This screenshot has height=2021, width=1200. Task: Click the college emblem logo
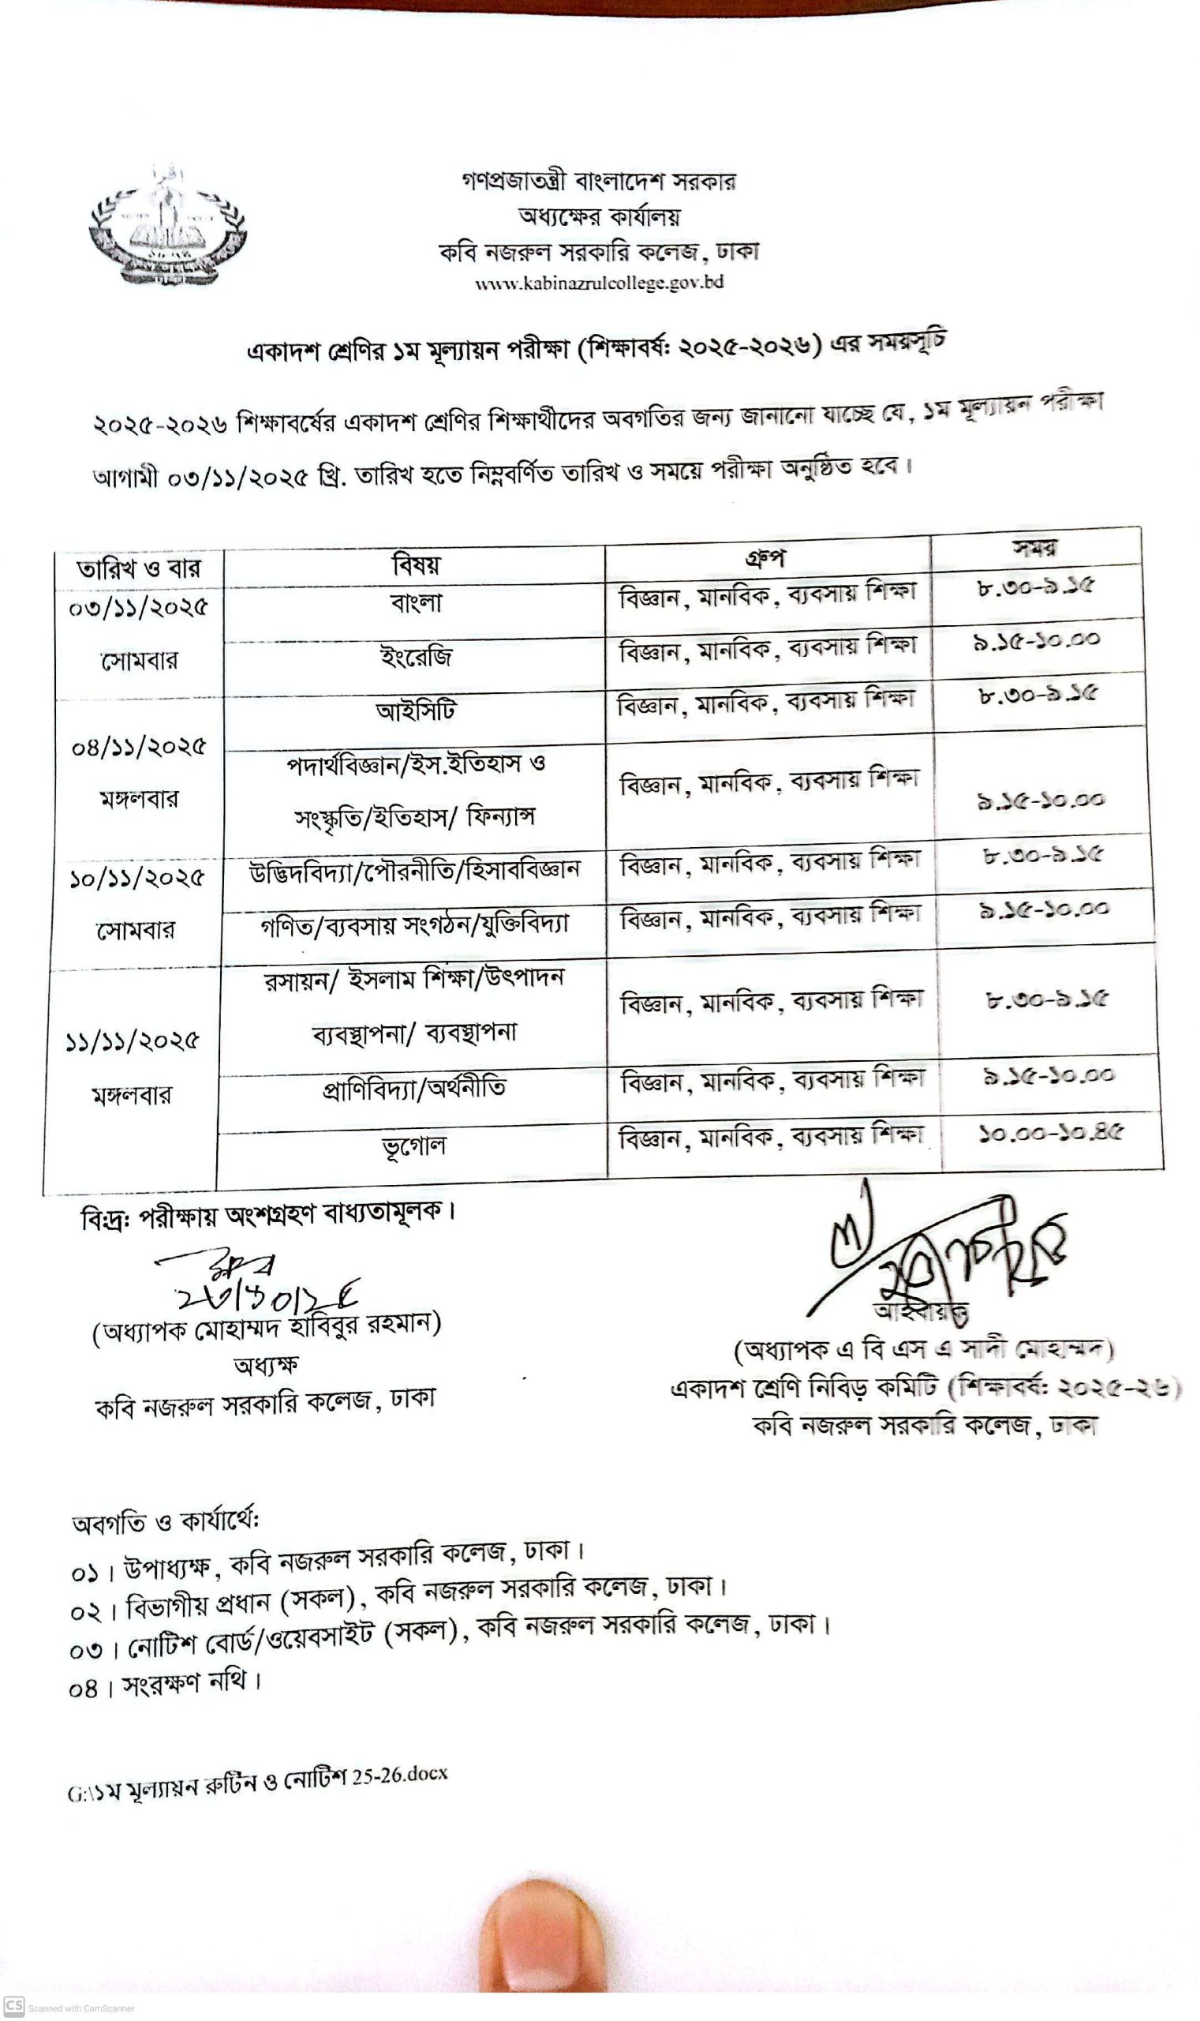point(168,227)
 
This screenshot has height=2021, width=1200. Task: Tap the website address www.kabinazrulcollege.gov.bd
point(598,283)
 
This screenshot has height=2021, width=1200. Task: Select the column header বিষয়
point(416,564)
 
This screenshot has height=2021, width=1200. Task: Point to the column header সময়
point(1034,548)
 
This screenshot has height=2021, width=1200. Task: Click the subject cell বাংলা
point(416,602)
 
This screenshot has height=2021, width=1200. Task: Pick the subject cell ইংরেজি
point(416,656)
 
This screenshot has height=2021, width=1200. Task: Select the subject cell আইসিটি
point(416,711)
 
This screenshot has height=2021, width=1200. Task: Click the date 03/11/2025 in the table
point(138,608)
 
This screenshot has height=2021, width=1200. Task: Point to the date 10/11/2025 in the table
point(136,878)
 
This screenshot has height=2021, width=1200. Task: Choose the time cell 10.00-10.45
point(1050,1133)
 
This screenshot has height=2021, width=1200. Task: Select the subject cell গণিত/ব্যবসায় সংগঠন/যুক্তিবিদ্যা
point(414,924)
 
